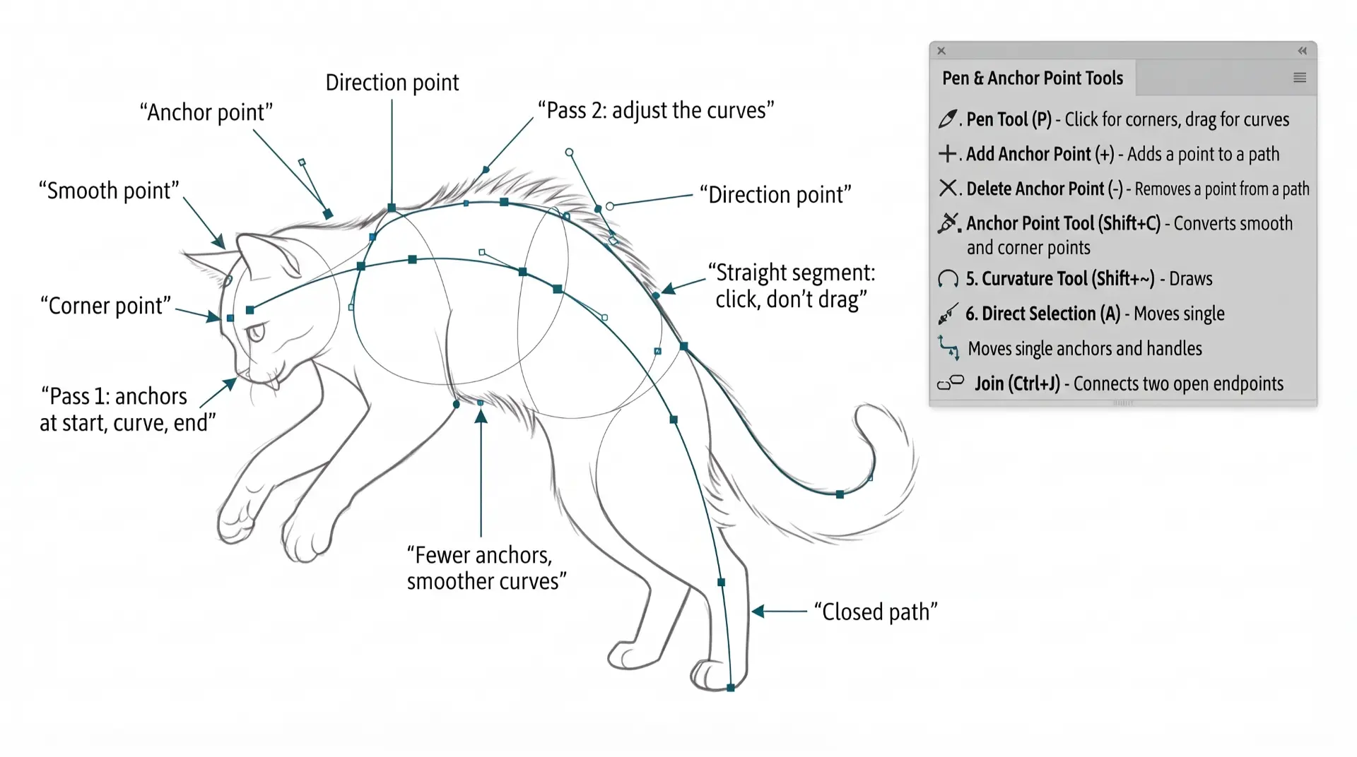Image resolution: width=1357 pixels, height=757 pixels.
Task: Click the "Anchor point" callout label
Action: tap(206, 112)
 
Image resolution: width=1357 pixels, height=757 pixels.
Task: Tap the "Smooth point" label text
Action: tap(109, 191)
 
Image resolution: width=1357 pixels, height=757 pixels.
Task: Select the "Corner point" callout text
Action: tap(106, 306)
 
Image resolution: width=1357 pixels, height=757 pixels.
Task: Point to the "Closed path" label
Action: tap(876, 612)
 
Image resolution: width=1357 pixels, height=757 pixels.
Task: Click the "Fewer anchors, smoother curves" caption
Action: tap(486, 568)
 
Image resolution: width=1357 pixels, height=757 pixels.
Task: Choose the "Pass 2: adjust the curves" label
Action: tap(656, 110)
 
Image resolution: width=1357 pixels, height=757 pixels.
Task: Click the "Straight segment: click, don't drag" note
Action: tap(792, 286)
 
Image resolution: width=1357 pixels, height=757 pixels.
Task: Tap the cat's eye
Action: tap(256, 331)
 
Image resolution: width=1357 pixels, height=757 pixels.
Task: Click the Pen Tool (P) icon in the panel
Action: tap(948, 119)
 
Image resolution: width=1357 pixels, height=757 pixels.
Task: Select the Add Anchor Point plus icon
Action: tap(947, 153)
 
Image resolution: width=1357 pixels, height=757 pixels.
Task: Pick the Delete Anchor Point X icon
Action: tap(947, 188)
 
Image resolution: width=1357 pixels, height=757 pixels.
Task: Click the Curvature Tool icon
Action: tap(948, 279)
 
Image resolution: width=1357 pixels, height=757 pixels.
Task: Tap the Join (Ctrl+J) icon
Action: tap(951, 383)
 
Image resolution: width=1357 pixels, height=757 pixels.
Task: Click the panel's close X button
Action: tap(941, 51)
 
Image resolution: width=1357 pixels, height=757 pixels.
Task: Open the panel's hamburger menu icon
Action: tap(1300, 78)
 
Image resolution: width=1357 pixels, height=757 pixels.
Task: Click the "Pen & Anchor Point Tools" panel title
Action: tap(1033, 78)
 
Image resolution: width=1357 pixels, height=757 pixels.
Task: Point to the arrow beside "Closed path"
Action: tap(779, 611)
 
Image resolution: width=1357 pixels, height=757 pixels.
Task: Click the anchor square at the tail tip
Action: tap(840, 495)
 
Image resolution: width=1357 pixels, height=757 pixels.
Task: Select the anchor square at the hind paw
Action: tap(731, 688)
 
